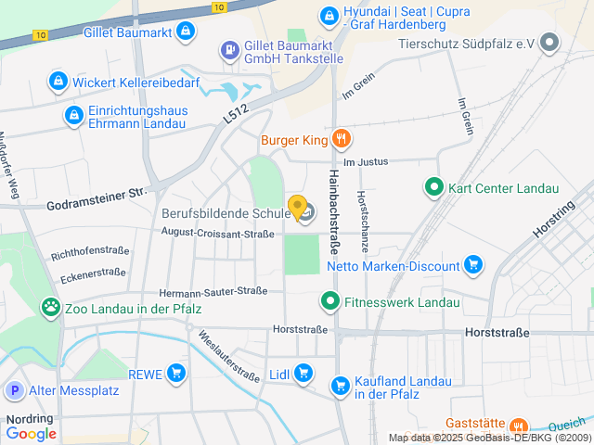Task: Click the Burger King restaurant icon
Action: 341,139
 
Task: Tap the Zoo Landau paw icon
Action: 50,307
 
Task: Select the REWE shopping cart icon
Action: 176,374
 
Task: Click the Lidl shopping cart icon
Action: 303,374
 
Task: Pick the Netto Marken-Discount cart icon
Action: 473,265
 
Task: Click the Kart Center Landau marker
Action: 433,187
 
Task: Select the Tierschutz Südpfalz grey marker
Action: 550,43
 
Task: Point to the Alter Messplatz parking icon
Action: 14,390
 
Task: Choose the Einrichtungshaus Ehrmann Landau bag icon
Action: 73,115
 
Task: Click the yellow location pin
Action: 297,208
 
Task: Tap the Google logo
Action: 32,433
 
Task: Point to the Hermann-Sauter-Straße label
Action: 213,292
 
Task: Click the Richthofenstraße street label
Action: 90,252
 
